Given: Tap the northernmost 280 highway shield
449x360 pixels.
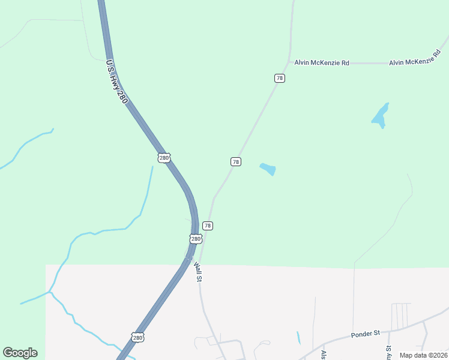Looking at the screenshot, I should pyautogui.click(x=164, y=158).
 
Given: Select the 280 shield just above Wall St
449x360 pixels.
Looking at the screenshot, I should pyautogui.click(x=196, y=239).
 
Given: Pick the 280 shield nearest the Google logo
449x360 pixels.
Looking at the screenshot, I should pyautogui.click(x=138, y=338).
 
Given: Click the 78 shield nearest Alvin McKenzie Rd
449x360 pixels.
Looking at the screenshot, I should pyautogui.click(x=280, y=79).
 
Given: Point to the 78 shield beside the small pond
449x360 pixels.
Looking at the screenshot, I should pyautogui.click(x=236, y=162).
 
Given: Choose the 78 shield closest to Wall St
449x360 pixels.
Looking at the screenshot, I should pyautogui.click(x=208, y=226).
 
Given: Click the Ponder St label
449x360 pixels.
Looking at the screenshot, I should pyautogui.click(x=366, y=333).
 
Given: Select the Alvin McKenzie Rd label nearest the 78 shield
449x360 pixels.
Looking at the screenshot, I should pyautogui.click(x=322, y=62).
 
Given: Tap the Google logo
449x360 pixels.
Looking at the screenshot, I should pyautogui.click(x=20, y=353).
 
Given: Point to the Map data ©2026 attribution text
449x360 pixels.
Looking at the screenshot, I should pyautogui.click(x=423, y=355).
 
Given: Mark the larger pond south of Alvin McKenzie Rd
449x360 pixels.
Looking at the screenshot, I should pyautogui.click(x=380, y=115).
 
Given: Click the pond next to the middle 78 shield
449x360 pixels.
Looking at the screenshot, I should pyautogui.click(x=268, y=169).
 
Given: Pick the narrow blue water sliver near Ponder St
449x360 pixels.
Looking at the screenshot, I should pyautogui.click(x=298, y=338).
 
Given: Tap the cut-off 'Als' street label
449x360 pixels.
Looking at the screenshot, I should pyautogui.click(x=324, y=355).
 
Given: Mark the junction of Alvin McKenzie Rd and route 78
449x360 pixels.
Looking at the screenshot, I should pyautogui.click(x=290, y=62).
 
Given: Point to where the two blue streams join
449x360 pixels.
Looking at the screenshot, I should pyautogui.click(x=50, y=292).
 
